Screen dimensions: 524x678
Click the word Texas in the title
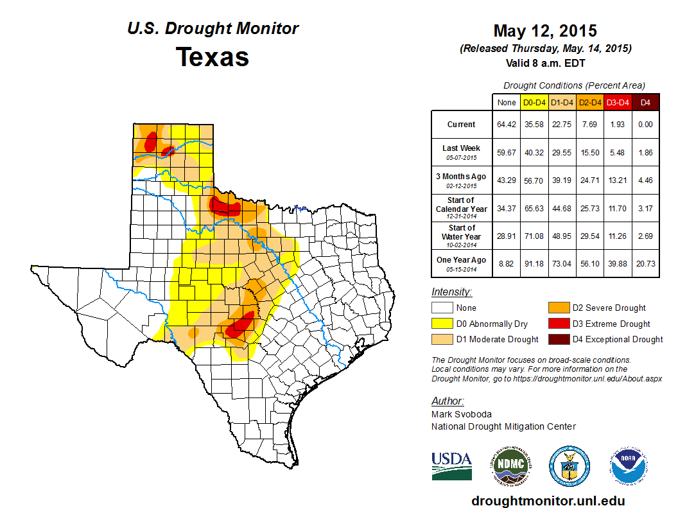[213, 57]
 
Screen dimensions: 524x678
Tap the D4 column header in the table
[646, 102]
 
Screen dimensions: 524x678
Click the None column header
[507, 102]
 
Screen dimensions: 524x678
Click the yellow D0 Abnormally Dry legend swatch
[442, 324]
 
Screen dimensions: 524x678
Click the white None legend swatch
[442, 308]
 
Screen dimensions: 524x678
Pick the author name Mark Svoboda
[462, 414]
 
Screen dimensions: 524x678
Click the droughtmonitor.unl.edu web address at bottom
[548, 501]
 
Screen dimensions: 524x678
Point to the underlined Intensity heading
[451, 292]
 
